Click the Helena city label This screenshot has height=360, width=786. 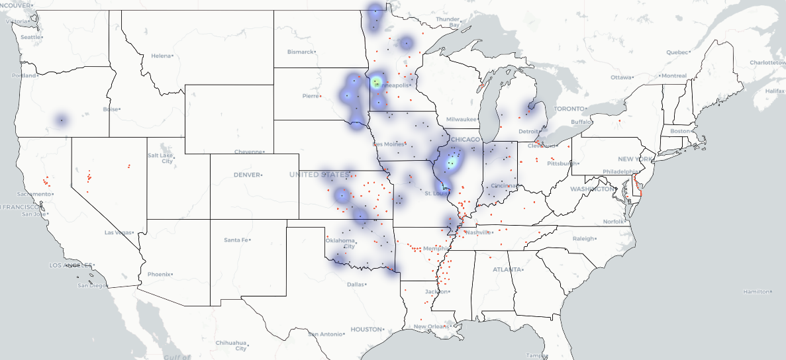click(x=162, y=56)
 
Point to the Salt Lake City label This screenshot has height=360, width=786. click(x=161, y=157)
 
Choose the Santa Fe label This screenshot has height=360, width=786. click(x=237, y=240)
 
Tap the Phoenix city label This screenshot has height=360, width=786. click(x=159, y=274)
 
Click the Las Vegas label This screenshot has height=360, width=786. click(x=119, y=233)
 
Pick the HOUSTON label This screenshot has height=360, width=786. click(x=367, y=329)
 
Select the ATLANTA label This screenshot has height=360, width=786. click(x=507, y=269)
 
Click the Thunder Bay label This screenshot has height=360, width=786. click(x=448, y=22)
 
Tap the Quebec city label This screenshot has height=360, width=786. click(x=677, y=52)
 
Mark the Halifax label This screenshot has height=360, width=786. click(x=773, y=90)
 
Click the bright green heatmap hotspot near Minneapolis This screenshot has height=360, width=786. click(x=376, y=82)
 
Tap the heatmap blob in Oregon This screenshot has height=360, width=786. click(x=61, y=120)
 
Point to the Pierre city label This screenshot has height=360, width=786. click(x=311, y=96)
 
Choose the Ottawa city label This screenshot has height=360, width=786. click(x=622, y=77)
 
